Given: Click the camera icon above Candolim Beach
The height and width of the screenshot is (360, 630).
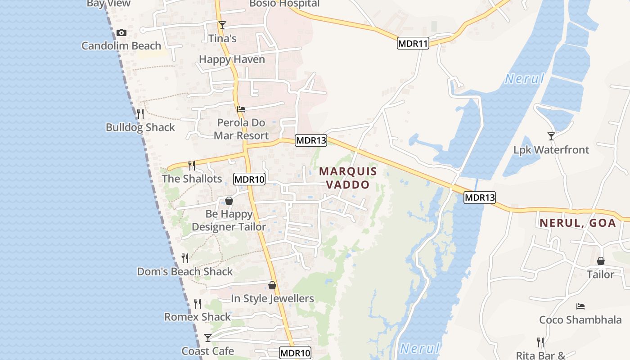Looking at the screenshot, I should click(121, 32).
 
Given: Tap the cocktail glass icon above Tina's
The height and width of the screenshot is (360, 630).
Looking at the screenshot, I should click(222, 25).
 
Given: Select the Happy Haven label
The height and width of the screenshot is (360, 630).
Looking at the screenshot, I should click(232, 59).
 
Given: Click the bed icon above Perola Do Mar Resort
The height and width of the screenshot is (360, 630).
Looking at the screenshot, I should click(241, 109).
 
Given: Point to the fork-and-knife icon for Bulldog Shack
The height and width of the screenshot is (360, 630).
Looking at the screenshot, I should click(140, 113).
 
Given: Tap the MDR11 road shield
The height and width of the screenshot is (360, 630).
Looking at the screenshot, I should click(413, 44).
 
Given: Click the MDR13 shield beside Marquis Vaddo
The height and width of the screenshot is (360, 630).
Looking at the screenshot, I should click(311, 140).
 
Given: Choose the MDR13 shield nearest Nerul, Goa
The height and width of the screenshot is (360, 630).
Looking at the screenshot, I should click(480, 197).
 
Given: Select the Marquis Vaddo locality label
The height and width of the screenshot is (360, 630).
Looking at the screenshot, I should click(347, 178).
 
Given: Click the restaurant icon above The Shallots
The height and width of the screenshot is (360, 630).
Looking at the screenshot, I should click(192, 165).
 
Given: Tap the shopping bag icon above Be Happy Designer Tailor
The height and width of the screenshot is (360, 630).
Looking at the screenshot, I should click(229, 201).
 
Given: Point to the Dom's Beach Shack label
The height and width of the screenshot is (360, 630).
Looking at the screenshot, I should click(185, 271).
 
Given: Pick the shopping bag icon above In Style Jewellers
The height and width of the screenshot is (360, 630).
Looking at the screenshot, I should click(272, 285).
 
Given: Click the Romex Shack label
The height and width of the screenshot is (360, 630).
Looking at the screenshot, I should click(197, 317).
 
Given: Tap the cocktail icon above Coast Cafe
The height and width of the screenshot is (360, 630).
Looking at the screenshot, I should click(207, 337).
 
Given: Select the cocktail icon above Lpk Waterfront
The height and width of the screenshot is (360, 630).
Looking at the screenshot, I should click(551, 136).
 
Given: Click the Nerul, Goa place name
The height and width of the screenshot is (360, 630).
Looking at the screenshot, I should click(578, 223).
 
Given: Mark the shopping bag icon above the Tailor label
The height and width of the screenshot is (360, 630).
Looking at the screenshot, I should click(600, 261).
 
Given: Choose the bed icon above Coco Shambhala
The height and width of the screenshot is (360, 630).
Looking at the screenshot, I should click(580, 306).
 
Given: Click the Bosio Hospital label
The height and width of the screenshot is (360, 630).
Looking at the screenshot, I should click(284, 4).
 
